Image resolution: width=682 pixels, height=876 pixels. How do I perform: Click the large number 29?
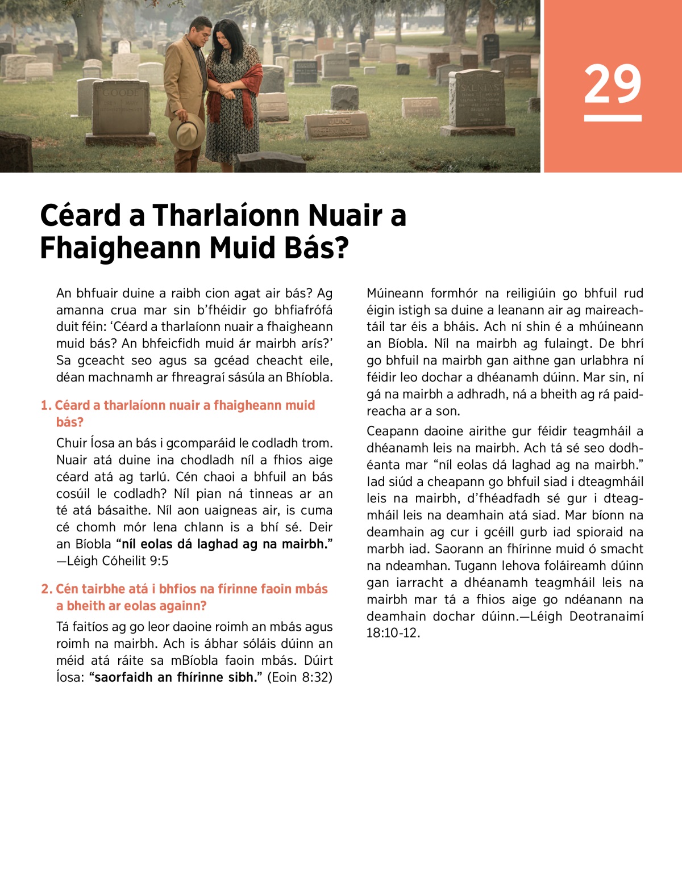(612, 84)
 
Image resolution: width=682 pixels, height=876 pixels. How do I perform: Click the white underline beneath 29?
(612, 118)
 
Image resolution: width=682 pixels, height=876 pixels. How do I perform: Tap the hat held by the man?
(186, 131)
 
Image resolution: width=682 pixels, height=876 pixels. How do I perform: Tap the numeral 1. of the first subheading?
(46, 405)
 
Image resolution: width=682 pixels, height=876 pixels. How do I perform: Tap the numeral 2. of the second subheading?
(47, 589)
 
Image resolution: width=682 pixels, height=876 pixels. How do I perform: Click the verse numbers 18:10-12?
(393, 633)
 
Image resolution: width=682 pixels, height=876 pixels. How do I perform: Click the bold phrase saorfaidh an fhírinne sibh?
(175, 677)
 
